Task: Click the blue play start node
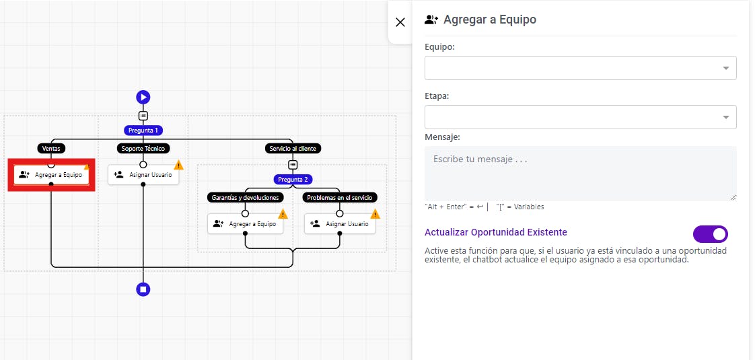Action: pyautogui.click(x=143, y=97)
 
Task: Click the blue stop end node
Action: pyautogui.click(x=143, y=289)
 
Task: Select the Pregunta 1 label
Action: pyautogui.click(x=143, y=131)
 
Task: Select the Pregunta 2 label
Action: pyautogui.click(x=293, y=180)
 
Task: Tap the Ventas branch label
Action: pyautogui.click(x=51, y=149)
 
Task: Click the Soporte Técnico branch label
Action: pyautogui.click(x=143, y=149)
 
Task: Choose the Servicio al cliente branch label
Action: pyautogui.click(x=293, y=149)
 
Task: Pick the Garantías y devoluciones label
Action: pyautogui.click(x=245, y=197)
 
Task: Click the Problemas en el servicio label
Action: pyautogui.click(x=339, y=197)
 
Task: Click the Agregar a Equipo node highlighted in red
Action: pyautogui.click(x=51, y=175)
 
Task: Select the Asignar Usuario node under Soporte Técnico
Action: pyautogui.click(x=143, y=175)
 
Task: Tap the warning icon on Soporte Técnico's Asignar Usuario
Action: pyautogui.click(x=178, y=165)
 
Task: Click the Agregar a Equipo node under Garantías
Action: pyautogui.click(x=245, y=224)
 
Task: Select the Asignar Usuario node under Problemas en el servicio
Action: pyautogui.click(x=339, y=224)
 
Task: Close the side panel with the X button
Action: pyautogui.click(x=400, y=22)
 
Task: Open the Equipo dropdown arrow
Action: pyautogui.click(x=725, y=69)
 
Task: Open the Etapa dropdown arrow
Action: pyautogui.click(x=725, y=118)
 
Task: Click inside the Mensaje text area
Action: pyautogui.click(x=580, y=173)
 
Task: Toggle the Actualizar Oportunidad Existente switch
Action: pyautogui.click(x=710, y=234)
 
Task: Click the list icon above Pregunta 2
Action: pyautogui.click(x=293, y=165)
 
